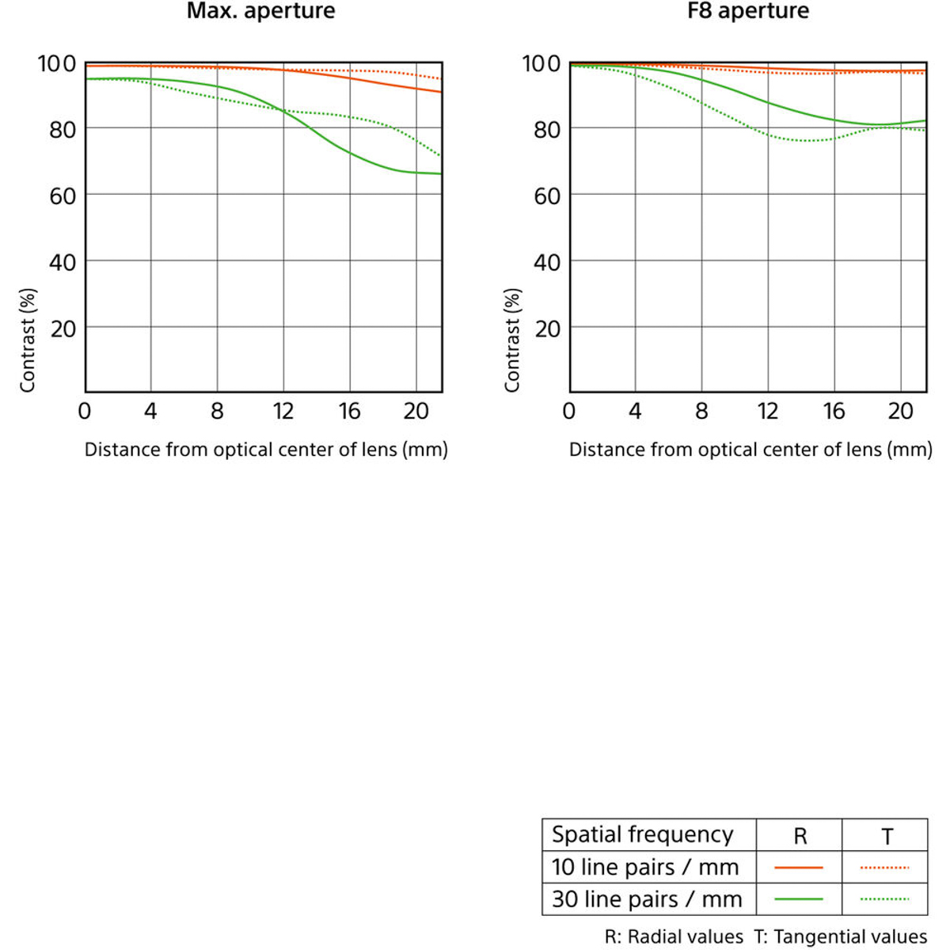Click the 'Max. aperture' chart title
[260, 12]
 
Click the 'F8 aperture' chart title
[748, 12]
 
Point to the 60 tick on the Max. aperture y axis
[63, 196]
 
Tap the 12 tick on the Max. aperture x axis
[283, 412]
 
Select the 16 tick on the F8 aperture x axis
[834, 412]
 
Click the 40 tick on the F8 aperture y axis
[547, 262]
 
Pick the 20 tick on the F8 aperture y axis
[547, 329]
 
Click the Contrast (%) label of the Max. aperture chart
[28, 340]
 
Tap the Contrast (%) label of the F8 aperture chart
[513, 340]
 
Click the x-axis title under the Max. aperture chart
[266, 450]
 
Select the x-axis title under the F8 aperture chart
[750, 450]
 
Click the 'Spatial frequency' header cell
[642, 834]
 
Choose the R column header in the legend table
[800, 836]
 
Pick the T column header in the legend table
[887, 836]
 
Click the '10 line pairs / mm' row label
[645, 868]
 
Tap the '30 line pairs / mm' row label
[647, 900]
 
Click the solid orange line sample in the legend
[799, 868]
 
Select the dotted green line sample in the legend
[885, 899]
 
